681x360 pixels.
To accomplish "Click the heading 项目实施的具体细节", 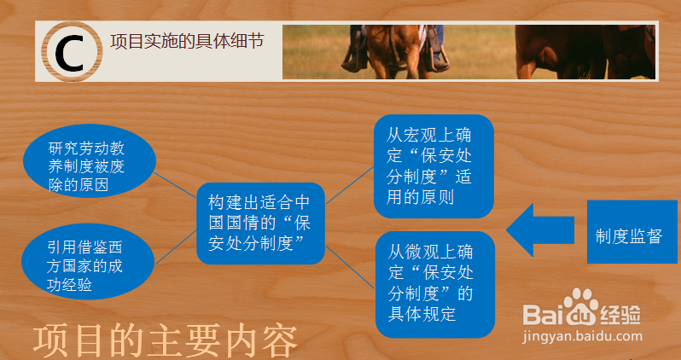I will tap(187, 43).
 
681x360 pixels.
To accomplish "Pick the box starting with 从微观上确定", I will tap(434, 282).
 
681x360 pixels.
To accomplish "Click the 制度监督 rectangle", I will tap(632, 235).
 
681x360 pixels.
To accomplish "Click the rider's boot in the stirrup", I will tap(440, 61).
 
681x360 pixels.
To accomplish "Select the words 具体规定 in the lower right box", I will tap(422, 313).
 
